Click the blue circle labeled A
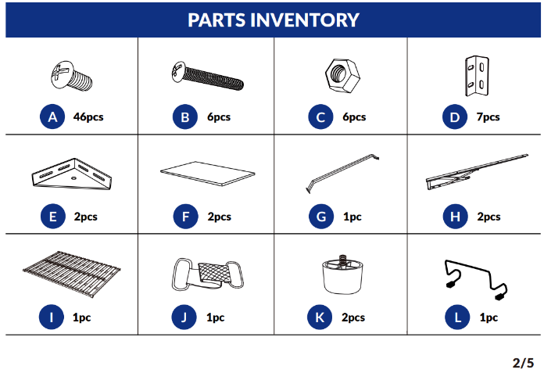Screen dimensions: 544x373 point(52,117)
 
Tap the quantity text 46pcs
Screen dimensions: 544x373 point(88,117)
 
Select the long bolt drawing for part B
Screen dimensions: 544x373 point(207,76)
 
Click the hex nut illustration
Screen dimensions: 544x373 point(342,76)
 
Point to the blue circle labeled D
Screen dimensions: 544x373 point(454,117)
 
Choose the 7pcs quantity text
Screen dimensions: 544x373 point(489,117)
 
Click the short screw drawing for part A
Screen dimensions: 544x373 point(72,76)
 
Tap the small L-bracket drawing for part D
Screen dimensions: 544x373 point(477,76)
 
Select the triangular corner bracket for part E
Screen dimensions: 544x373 point(72,174)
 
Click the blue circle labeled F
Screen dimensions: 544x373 point(185,217)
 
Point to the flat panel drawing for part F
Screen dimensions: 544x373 point(207,173)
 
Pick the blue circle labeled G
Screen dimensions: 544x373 point(321,217)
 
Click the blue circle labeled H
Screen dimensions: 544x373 point(455,217)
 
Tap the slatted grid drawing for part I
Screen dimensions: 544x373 point(72,274)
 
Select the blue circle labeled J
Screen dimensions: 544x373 point(184,317)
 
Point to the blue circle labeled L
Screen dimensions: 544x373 point(457,317)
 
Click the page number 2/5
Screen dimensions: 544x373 point(523,363)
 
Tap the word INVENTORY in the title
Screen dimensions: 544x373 point(305,20)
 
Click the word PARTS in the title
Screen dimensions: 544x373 point(217,20)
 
